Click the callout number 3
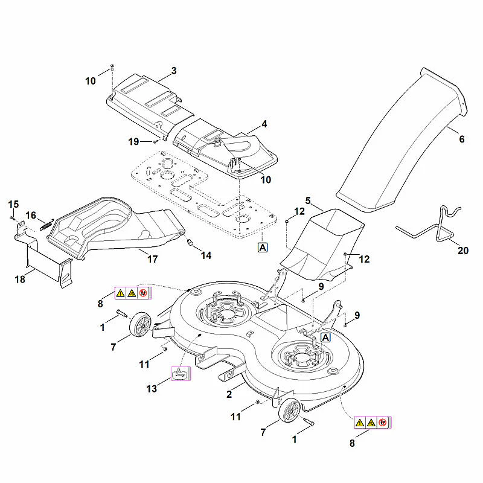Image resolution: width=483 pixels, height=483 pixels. (x=174, y=71)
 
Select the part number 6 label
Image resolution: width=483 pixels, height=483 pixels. (x=462, y=139)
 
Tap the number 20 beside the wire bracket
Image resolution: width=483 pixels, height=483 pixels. (x=463, y=251)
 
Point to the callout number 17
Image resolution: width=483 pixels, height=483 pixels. (x=153, y=259)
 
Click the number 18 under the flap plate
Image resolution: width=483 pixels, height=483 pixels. (x=20, y=279)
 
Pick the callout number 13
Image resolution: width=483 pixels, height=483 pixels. (x=152, y=389)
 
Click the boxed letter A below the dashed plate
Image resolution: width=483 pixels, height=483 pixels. (x=263, y=248)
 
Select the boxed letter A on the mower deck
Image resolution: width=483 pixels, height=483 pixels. (x=325, y=337)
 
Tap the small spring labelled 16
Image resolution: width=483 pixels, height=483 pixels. (x=47, y=224)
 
